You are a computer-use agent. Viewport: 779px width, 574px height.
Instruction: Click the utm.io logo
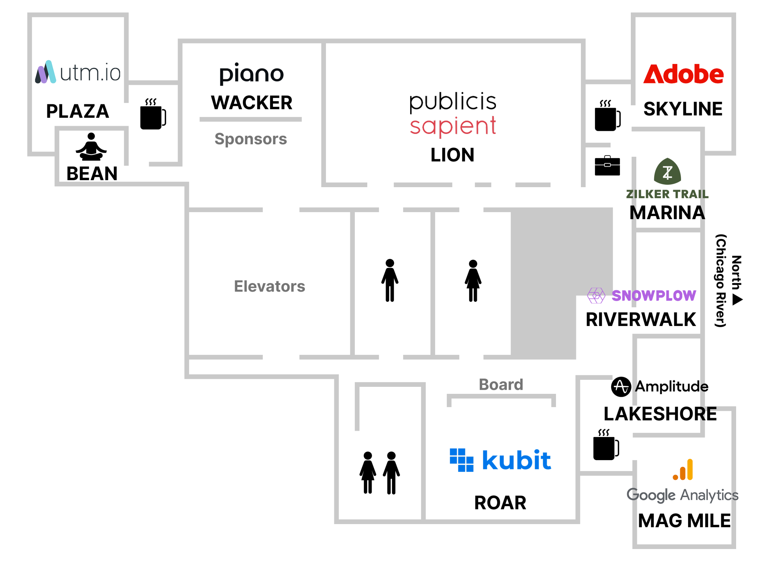click(78, 72)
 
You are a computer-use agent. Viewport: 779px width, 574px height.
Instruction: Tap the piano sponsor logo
click(251, 74)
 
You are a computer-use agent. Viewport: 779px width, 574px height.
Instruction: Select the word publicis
click(453, 102)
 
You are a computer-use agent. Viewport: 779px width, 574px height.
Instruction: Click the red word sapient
click(453, 126)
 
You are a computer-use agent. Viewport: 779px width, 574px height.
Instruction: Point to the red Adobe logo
click(683, 74)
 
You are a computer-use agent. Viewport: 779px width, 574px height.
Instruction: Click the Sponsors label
click(250, 139)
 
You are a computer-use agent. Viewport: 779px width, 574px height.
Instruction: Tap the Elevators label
click(270, 287)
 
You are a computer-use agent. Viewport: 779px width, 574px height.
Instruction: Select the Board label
click(501, 385)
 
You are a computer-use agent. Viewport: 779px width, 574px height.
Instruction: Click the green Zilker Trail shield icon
click(667, 171)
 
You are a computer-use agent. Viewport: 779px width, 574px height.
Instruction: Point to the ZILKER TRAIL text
click(667, 194)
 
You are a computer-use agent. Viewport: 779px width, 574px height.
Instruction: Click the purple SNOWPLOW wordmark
click(654, 296)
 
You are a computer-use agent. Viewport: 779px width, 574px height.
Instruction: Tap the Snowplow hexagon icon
click(596, 296)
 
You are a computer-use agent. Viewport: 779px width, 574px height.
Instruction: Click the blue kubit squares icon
click(461, 460)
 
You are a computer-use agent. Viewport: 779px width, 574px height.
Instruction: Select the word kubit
click(516, 460)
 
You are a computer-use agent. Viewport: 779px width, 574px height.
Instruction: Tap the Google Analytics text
click(683, 495)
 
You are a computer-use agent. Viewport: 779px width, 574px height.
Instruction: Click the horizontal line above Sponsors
click(250, 119)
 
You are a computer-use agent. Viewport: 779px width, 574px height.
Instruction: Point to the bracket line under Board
click(501, 396)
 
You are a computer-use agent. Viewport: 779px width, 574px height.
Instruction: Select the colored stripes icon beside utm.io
click(46, 72)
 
